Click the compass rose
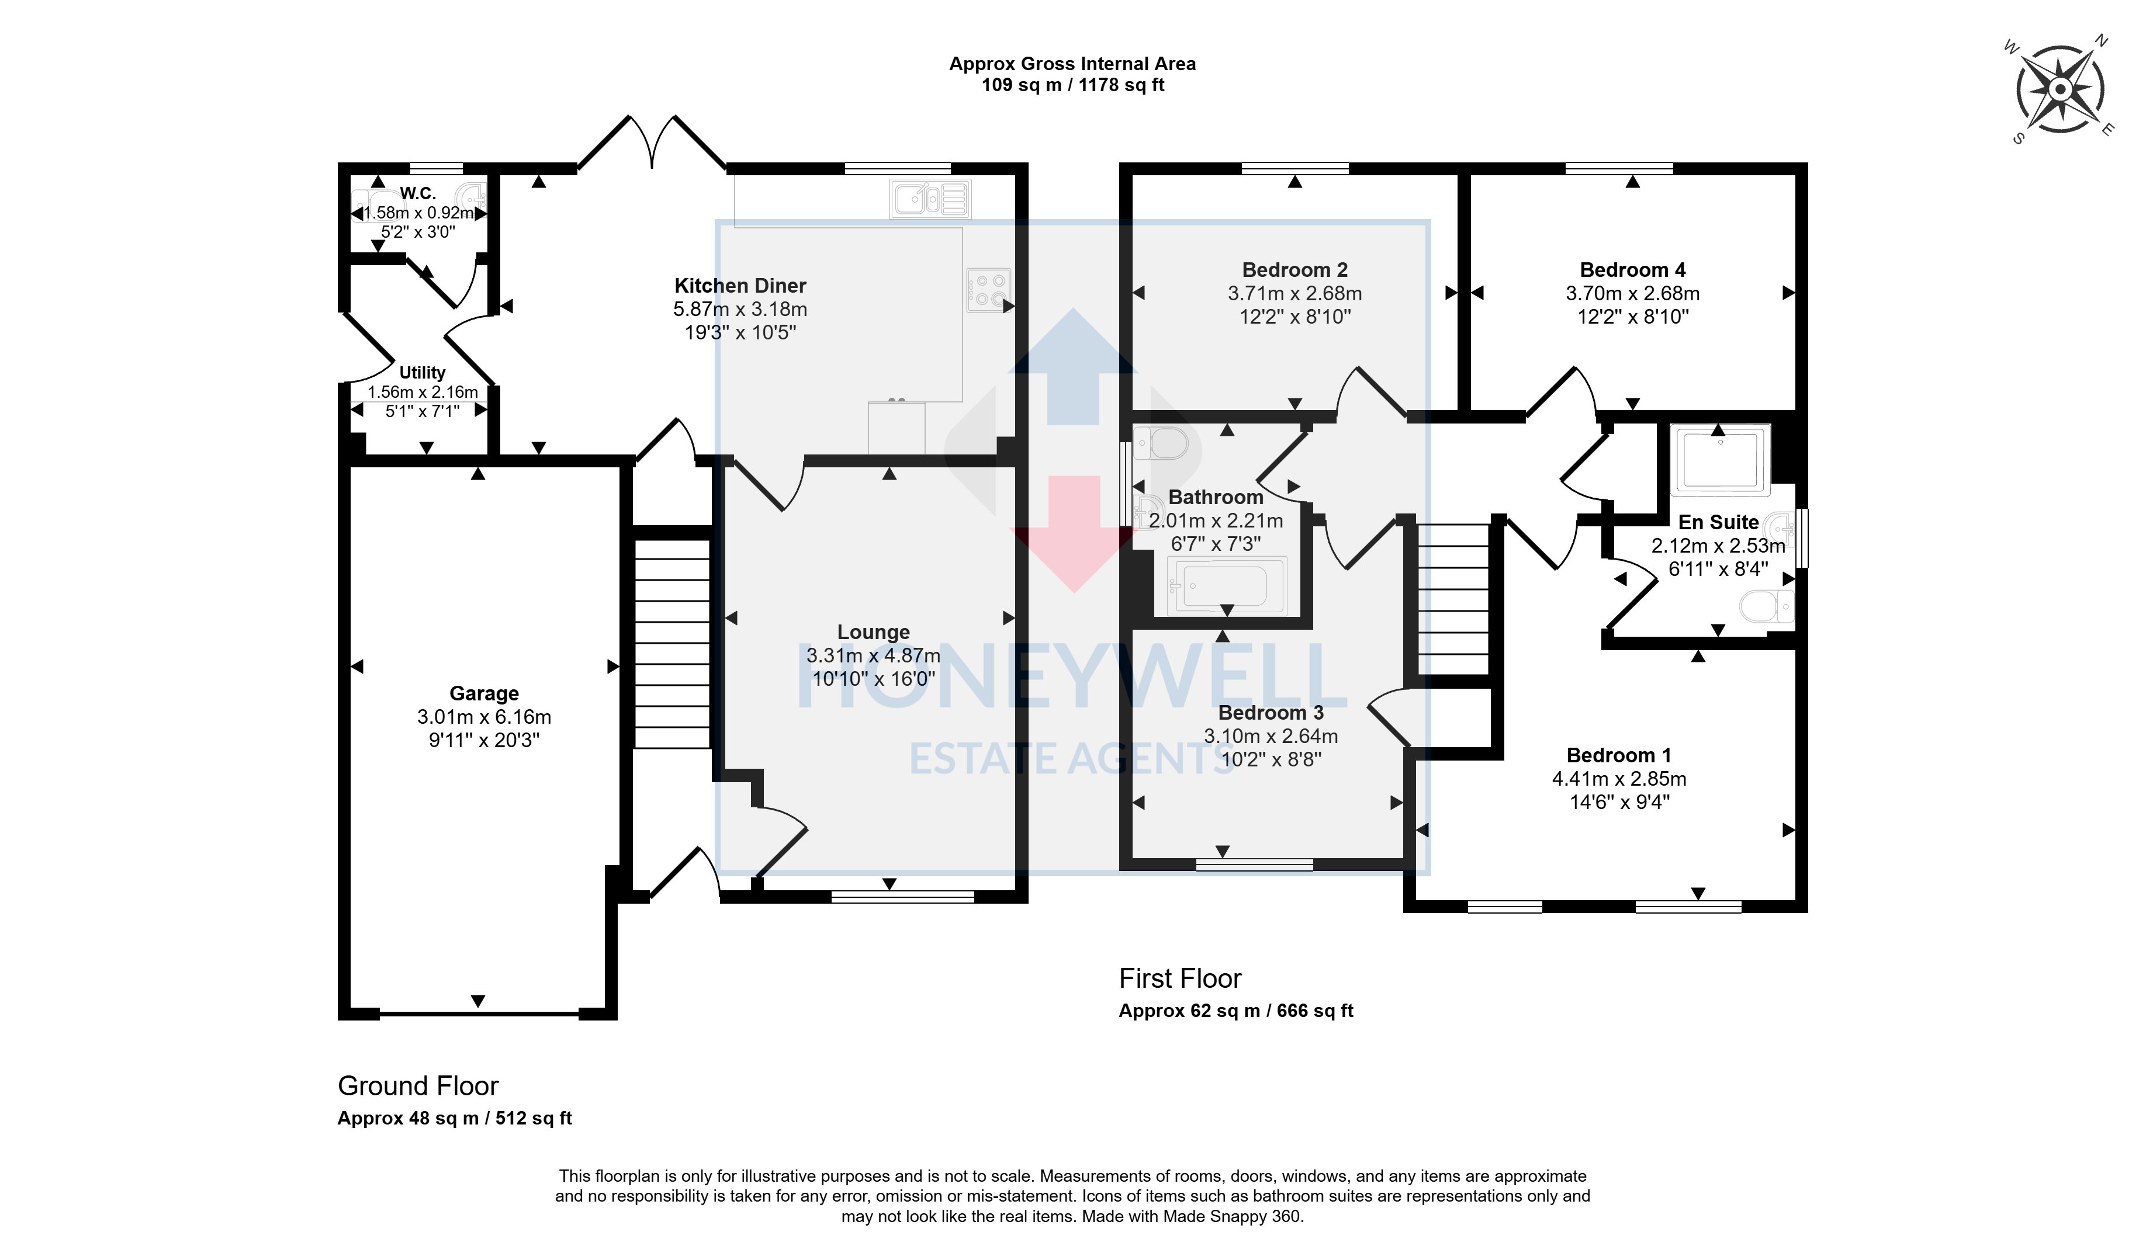pyautogui.click(x=2060, y=89)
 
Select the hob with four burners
pyautogui.click(x=988, y=289)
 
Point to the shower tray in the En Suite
pyautogui.click(x=1720, y=460)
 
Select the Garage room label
pyautogui.click(x=484, y=694)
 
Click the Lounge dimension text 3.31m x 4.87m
pyautogui.click(x=873, y=655)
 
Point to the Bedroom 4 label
pyautogui.click(x=1632, y=270)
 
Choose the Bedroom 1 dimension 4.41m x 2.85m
pyautogui.click(x=1619, y=779)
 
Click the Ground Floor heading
pyautogui.click(x=418, y=1086)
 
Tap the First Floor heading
pyautogui.click(x=1181, y=979)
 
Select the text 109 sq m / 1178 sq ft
pyautogui.click(x=1073, y=85)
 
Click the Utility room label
pyautogui.click(x=423, y=373)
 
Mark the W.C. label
pyautogui.click(x=418, y=193)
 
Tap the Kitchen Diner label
pyautogui.click(x=740, y=286)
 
